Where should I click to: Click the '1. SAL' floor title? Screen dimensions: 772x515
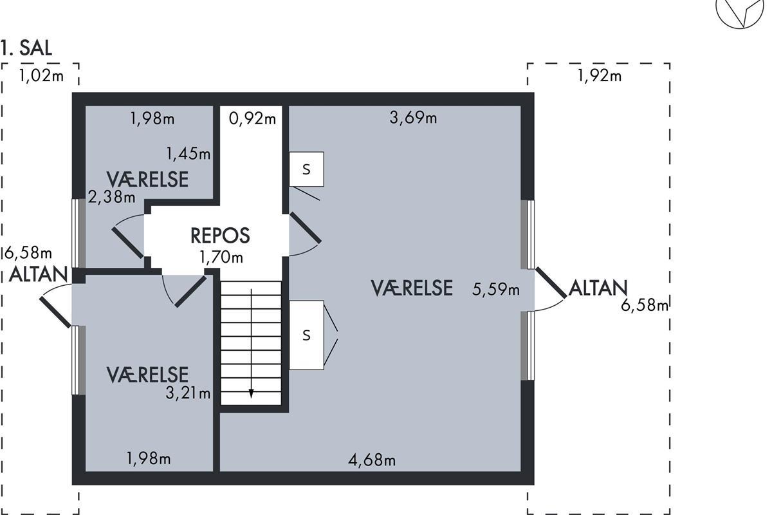pos(26,48)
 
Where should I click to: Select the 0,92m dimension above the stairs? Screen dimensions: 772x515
pos(252,118)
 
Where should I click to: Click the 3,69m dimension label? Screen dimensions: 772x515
pos(413,118)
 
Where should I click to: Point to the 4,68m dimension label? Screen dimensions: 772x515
pos(372,460)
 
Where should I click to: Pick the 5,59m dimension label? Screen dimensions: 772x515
pos(495,289)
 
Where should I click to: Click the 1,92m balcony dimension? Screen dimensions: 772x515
pos(600,75)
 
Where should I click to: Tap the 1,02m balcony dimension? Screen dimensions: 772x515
pos(41,75)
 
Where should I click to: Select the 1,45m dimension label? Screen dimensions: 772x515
pos(188,153)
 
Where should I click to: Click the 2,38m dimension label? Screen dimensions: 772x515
pos(112,197)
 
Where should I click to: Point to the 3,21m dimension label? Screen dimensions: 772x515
pos(188,393)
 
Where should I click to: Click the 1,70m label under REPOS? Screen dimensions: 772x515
pos(221,257)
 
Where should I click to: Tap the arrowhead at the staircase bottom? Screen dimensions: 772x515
pos(252,393)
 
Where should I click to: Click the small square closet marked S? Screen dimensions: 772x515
pos(306,169)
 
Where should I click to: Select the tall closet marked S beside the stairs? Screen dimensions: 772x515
pos(306,335)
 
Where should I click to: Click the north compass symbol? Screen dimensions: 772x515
pos(740,12)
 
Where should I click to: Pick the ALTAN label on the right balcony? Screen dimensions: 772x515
pos(598,288)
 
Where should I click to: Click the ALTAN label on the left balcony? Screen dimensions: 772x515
pos(38,275)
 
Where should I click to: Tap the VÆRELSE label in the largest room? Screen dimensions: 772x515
pos(412,288)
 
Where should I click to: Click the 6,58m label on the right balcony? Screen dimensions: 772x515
pos(645,305)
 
